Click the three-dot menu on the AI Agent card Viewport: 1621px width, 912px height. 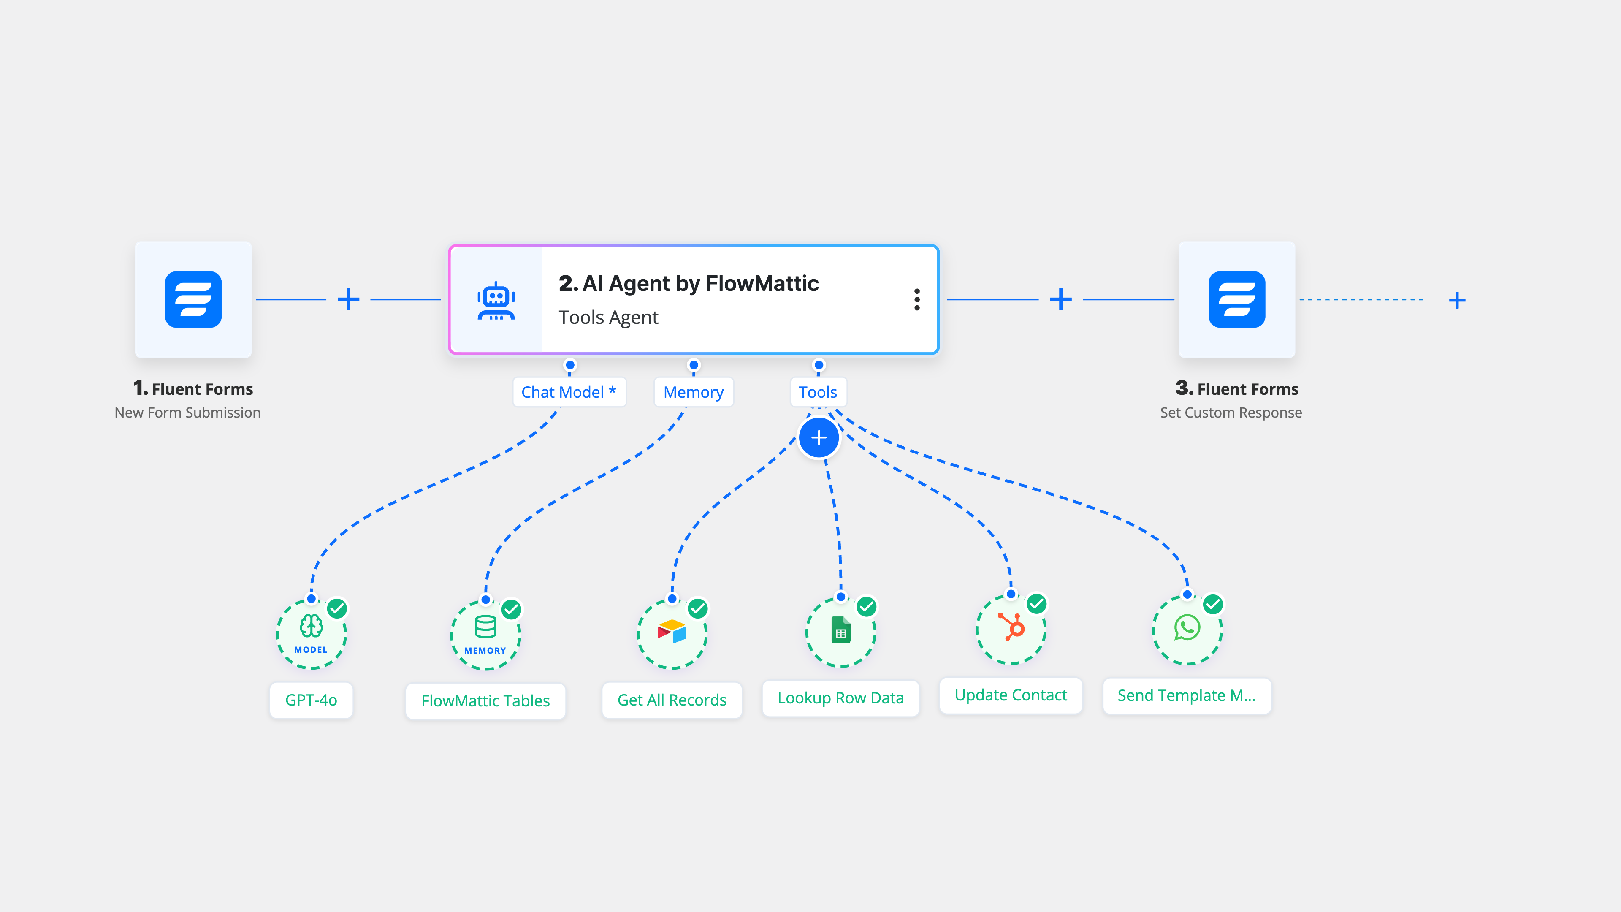917,300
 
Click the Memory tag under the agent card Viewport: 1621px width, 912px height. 694,392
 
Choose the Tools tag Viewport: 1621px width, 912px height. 817,392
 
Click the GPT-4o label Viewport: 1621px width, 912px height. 311,700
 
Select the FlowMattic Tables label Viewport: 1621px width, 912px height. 485,700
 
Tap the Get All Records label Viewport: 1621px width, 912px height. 672,700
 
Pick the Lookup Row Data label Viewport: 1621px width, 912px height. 840,698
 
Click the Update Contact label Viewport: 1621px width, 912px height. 1011,695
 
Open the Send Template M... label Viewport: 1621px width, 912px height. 1186,695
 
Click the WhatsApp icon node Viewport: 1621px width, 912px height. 1187,628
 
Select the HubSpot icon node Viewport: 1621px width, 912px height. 1011,628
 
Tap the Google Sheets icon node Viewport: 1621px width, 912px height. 841,631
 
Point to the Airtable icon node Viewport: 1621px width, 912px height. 672,632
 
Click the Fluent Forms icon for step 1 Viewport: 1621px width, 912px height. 193,300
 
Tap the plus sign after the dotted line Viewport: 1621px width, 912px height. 1457,300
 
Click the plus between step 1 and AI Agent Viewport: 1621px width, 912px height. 348,300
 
